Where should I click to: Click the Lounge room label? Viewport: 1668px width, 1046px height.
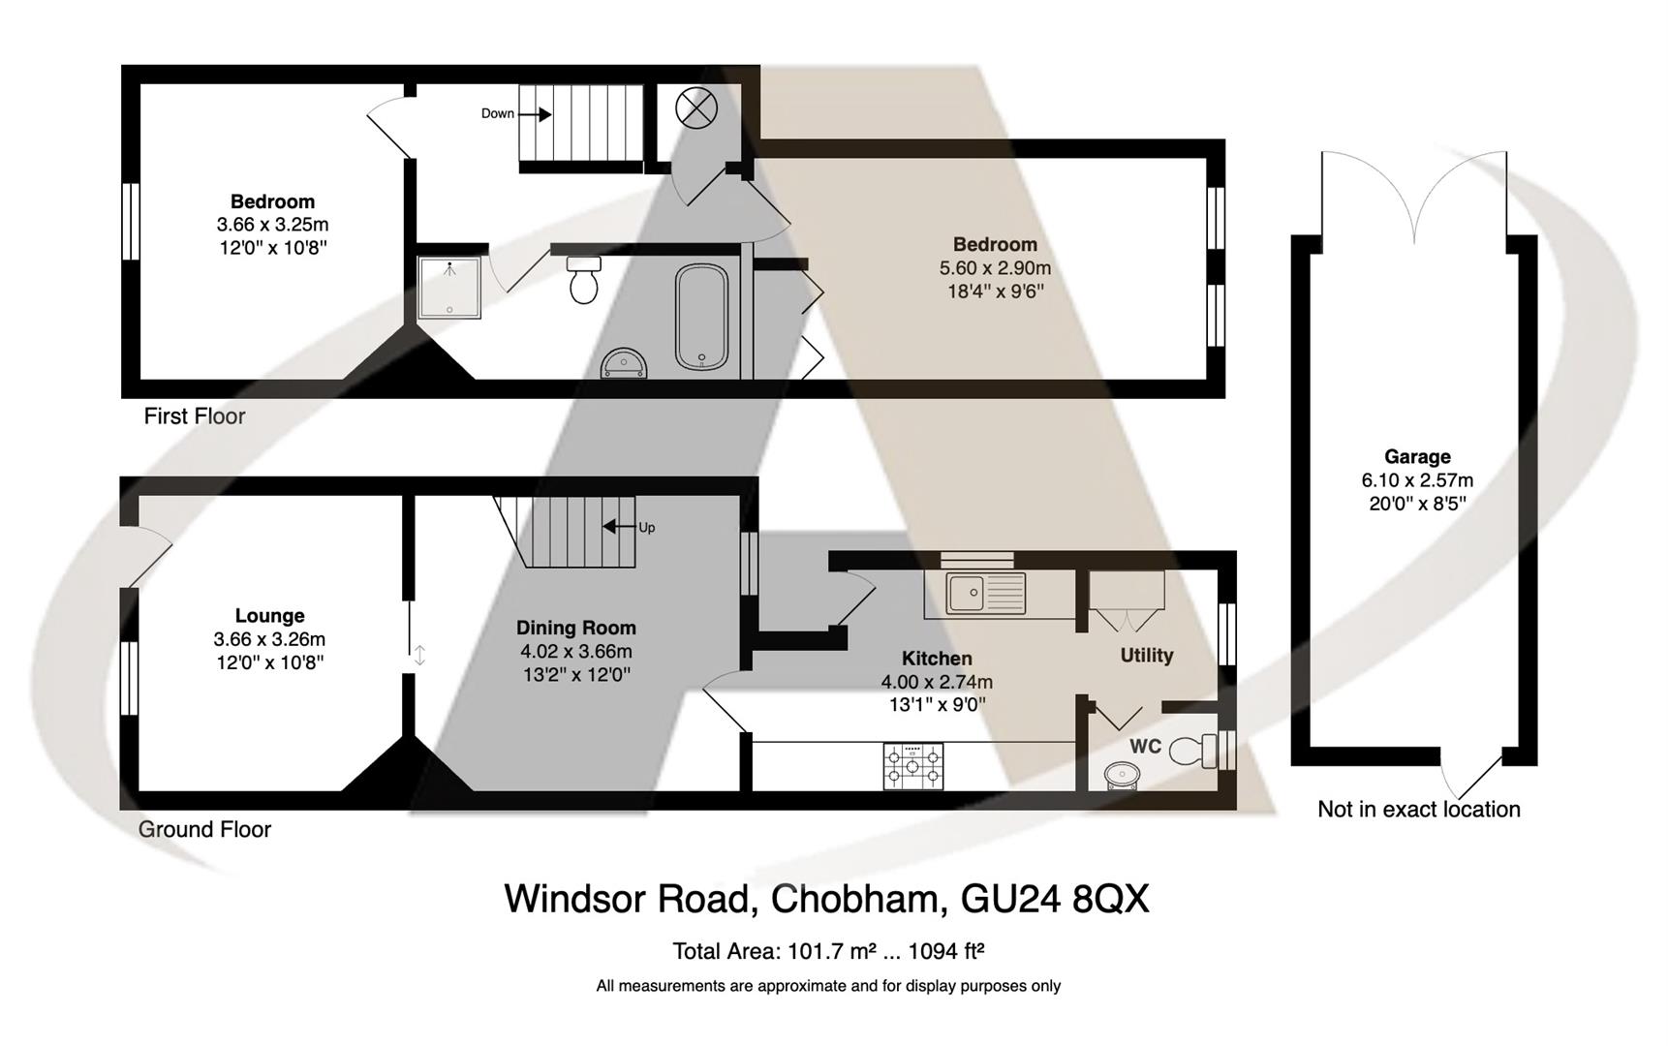269,616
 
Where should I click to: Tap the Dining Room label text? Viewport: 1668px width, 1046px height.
575,628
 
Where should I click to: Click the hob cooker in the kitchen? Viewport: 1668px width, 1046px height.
912,765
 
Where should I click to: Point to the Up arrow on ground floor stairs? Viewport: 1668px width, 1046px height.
612,527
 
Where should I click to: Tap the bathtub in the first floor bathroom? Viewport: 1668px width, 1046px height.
701,317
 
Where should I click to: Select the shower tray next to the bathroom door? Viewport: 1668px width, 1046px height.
449,287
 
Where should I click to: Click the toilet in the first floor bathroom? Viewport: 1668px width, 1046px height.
583,281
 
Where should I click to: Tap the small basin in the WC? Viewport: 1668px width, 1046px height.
1122,775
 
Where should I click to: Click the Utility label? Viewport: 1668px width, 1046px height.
1146,656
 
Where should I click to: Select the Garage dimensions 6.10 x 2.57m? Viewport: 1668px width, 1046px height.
1416,480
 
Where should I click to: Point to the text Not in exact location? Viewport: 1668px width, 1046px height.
1418,810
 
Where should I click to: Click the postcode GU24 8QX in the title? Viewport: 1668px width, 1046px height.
1054,899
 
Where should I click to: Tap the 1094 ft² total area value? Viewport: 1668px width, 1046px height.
946,951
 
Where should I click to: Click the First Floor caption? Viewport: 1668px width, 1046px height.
195,416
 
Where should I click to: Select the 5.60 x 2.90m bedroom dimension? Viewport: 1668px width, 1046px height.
995,268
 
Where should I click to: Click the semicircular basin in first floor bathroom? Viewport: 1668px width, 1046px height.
624,364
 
